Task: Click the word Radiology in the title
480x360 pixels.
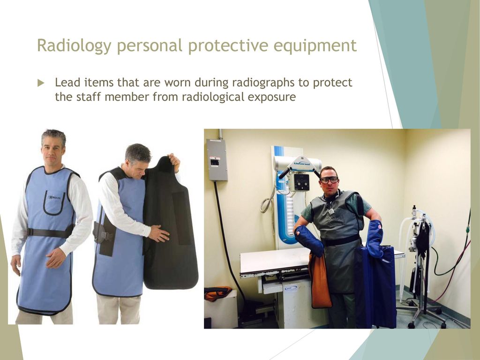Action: (74, 46)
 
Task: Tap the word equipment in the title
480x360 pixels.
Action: (315, 46)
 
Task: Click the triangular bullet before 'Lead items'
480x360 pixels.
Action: (41, 83)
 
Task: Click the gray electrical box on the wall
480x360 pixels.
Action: (217, 159)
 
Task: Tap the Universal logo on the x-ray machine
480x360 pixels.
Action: (302, 163)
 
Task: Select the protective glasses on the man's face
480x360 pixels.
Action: (329, 180)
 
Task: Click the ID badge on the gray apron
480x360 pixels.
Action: (331, 211)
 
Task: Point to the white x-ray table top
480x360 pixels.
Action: (276, 260)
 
